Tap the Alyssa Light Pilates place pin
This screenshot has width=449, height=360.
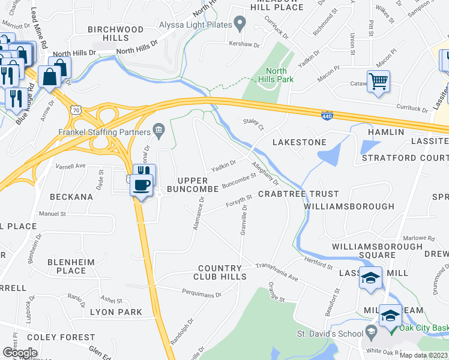pyautogui.click(x=240, y=25)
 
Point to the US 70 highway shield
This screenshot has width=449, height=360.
pyautogui.click(x=75, y=110)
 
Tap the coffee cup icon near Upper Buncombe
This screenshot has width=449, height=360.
pyautogui.click(x=142, y=185)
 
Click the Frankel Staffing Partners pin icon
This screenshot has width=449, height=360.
pyautogui.click(x=159, y=128)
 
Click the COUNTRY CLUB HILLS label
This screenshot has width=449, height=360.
pyautogui.click(x=220, y=272)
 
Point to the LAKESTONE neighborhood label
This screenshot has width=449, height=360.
pyautogui.click(x=300, y=142)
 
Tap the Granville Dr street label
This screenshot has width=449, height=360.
pyautogui.click(x=244, y=218)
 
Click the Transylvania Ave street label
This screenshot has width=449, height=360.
pyautogui.click(x=277, y=271)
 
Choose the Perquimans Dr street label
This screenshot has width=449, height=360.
pyautogui.click(x=202, y=293)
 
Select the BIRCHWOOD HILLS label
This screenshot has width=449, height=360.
pyautogui.click(x=116, y=33)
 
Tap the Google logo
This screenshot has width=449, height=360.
pyautogui.click(x=20, y=352)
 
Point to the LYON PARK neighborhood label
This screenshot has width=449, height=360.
pyautogui.click(x=116, y=312)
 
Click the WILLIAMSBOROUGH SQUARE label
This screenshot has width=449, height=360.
pyautogui.click(x=378, y=251)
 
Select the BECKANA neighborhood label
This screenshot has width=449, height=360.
pyautogui.click(x=71, y=196)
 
